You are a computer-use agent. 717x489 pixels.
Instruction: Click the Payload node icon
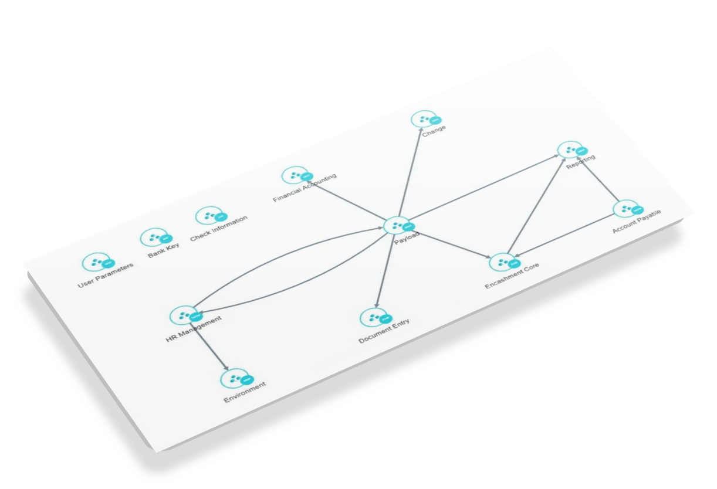(397, 225)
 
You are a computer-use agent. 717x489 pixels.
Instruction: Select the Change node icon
(423, 119)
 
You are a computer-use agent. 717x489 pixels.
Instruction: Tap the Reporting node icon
(569, 150)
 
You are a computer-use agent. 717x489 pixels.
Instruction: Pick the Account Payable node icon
(625, 209)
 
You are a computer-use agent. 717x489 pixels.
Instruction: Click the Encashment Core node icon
(502, 263)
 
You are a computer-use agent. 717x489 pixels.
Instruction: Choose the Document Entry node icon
(373, 317)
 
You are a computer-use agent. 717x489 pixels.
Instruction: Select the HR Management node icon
(182, 315)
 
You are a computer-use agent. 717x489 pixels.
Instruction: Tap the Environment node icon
(233, 378)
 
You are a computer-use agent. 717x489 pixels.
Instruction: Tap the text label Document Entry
(384, 331)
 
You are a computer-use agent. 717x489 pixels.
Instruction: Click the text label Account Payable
(636, 222)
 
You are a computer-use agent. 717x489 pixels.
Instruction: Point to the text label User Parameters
(106, 276)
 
